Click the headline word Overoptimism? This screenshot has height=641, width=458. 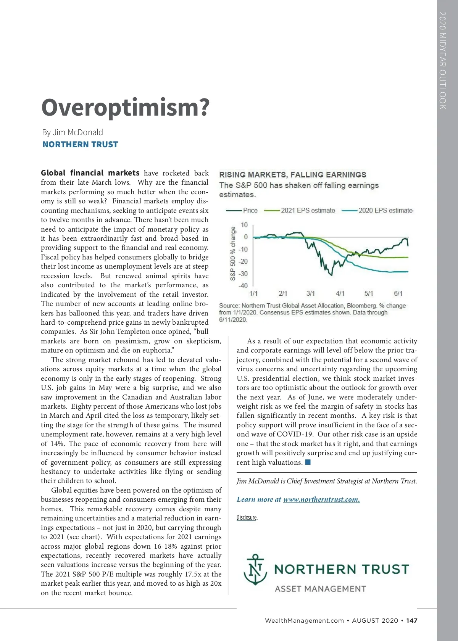coord(125,108)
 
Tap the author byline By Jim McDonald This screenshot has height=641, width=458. coord(73,132)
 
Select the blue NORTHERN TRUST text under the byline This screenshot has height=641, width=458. coord(80,145)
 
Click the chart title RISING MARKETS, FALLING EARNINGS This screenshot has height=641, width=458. coord(292,175)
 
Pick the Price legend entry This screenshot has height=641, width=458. coord(250,211)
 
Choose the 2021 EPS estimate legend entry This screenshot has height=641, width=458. coord(308,211)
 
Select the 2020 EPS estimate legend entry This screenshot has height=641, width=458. coord(385,211)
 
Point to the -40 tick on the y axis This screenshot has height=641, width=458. coord(243,286)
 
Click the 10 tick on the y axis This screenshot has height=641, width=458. coord(244,225)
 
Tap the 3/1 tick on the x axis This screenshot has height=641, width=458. coord(311,293)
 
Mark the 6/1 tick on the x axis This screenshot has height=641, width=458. coord(398,293)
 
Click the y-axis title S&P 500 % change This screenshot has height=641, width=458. coord(233,253)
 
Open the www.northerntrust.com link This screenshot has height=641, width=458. coord(321,499)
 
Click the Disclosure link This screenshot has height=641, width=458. coord(247,518)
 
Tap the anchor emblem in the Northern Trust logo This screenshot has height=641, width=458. coord(255,570)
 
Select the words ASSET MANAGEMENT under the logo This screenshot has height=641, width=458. coord(320,589)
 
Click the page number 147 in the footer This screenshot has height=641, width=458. coord(411,620)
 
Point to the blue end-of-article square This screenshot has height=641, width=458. coord(308,462)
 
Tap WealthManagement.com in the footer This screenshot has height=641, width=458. coord(304,620)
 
